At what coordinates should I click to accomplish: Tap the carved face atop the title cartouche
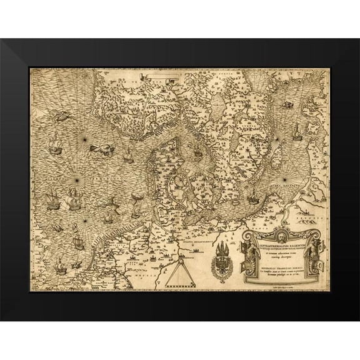click(x=279, y=237)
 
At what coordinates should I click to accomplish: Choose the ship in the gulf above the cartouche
click(x=252, y=200)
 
